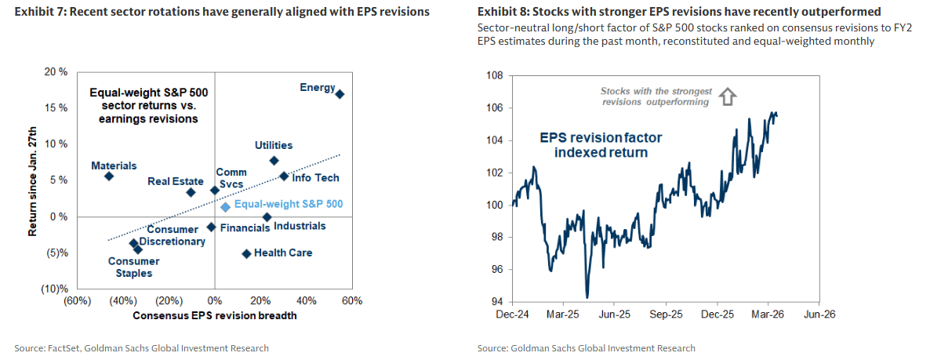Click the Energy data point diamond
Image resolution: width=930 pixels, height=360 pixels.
click(x=340, y=94)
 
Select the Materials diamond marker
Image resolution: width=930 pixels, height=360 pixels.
click(x=109, y=176)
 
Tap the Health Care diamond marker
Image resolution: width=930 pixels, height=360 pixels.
click(x=246, y=253)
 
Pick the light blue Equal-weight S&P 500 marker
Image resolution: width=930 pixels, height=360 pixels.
click(x=225, y=207)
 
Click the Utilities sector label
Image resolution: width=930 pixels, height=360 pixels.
click(x=274, y=145)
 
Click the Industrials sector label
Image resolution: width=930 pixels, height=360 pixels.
click(x=300, y=226)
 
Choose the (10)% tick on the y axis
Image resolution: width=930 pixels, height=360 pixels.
click(x=53, y=289)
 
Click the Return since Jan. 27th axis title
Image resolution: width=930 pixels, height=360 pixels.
click(x=32, y=180)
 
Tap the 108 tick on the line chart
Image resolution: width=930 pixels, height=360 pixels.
click(x=495, y=75)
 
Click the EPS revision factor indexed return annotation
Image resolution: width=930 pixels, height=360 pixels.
click(x=601, y=145)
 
